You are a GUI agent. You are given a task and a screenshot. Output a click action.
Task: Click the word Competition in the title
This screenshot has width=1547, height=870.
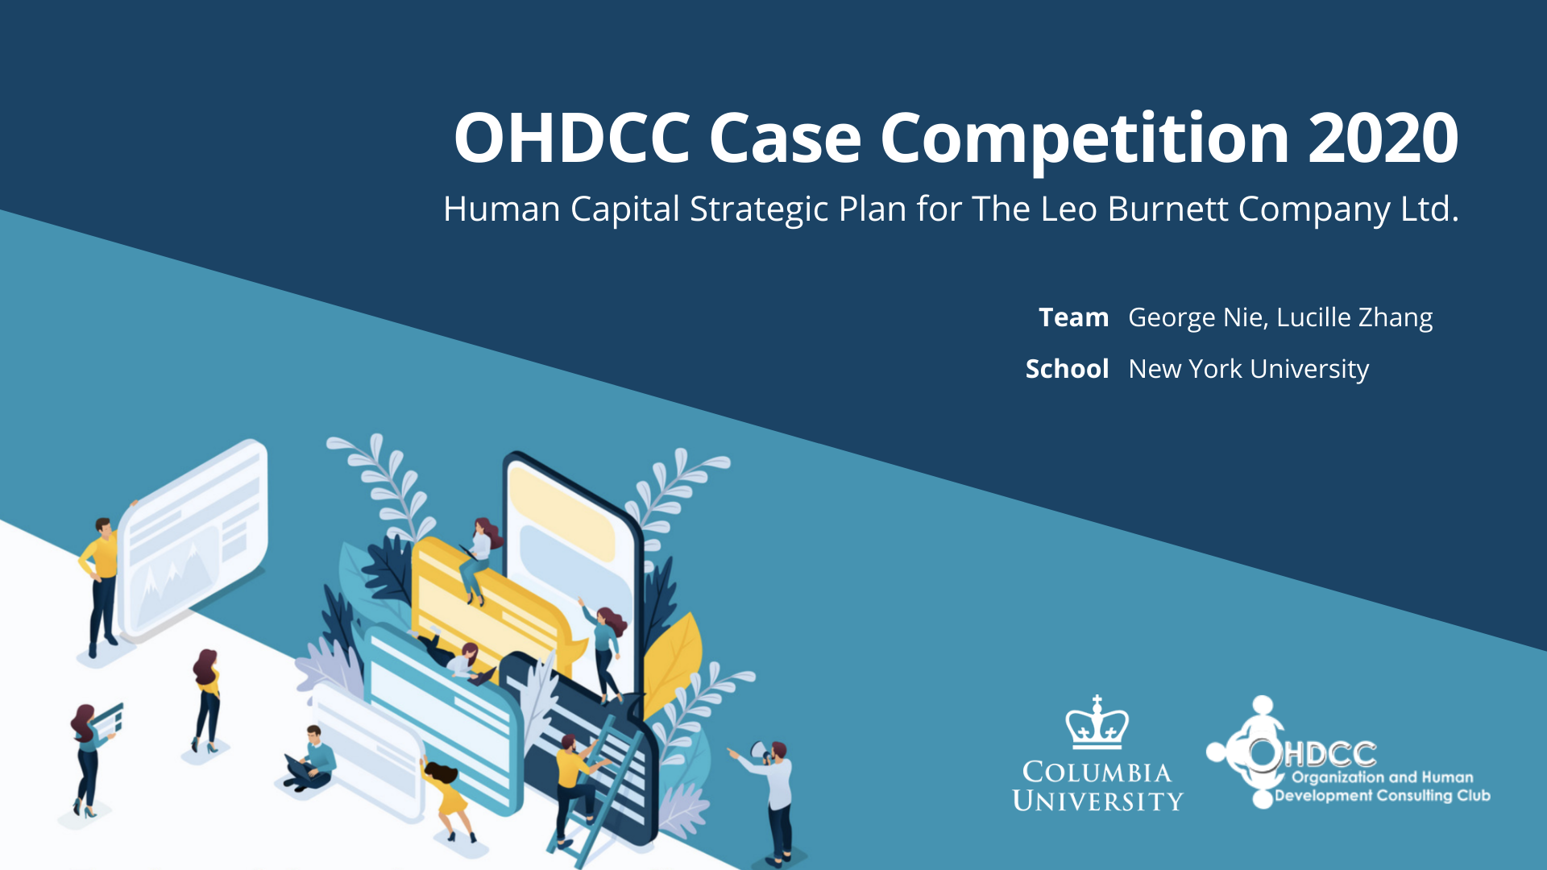click(1085, 139)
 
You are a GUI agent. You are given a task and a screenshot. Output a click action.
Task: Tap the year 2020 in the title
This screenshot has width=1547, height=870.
click(1383, 137)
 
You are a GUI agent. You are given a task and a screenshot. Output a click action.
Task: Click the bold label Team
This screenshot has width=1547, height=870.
click(1073, 317)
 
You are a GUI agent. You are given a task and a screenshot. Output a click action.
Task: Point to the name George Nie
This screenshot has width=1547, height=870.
click(1197, 318)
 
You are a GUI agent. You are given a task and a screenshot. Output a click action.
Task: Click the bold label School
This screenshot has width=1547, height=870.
click(1067, 369)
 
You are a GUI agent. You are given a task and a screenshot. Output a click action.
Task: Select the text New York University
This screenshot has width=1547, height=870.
click(1249, 370)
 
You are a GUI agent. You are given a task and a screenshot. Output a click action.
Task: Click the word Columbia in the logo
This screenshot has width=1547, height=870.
click(1097, 772)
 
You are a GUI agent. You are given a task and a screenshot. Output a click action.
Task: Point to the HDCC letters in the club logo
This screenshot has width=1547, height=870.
click(1330, 754)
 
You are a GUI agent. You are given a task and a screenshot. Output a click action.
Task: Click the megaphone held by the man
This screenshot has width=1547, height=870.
click(759, 750)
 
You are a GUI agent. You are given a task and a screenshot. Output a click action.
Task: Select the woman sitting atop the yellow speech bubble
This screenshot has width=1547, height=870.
click(480, 560)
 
